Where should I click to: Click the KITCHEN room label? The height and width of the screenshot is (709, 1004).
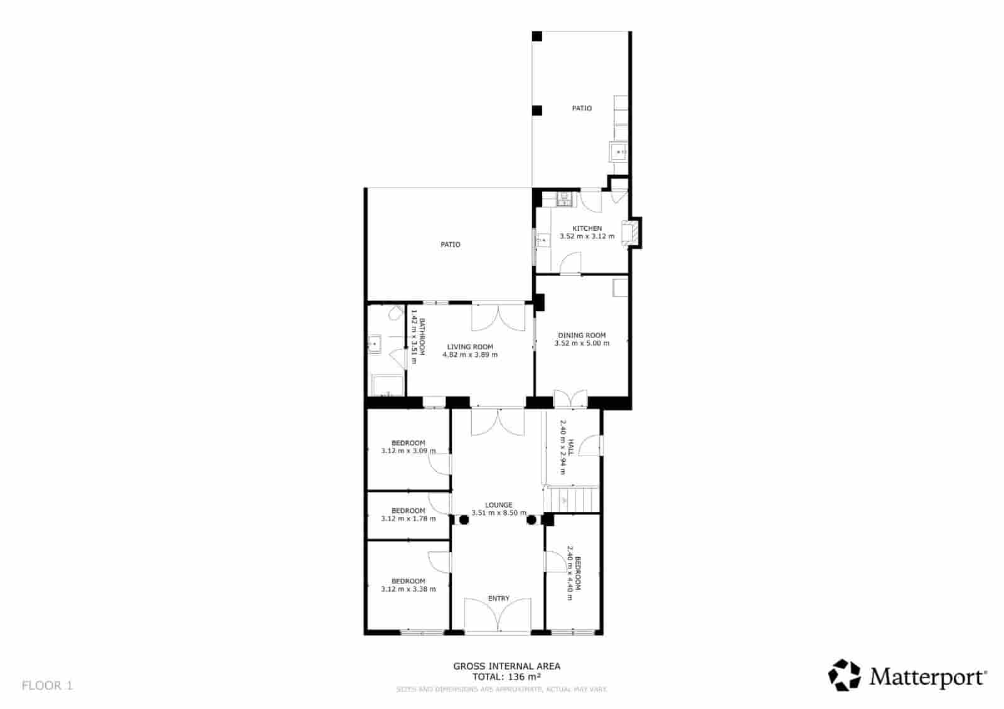[x=587, y=228]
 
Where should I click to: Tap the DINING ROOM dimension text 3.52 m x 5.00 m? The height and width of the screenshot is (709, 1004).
[x=582, y=343]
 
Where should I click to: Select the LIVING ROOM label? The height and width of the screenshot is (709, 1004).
[x=469, y=346]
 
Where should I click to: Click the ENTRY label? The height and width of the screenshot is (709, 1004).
[x=499, y=599]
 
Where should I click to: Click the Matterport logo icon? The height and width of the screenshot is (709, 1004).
[x=844, y=675]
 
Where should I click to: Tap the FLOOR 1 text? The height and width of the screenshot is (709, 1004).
[x=47, y=685]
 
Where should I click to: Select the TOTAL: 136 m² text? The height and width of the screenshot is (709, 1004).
[x=506, y=676]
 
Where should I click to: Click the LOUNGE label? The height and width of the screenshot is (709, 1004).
[x=499, y=504]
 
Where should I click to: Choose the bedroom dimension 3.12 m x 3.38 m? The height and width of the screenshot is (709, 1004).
[x=408, y=589]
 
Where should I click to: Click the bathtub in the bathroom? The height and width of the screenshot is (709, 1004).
[x=387, y=385]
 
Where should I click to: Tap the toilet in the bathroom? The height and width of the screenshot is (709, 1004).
[x=396, y=313]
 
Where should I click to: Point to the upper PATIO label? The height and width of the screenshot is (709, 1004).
[x=581, y=108]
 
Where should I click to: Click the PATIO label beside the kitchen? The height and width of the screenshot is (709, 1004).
[x=450, y=244]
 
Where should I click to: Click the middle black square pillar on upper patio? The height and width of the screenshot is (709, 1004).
[x=537, y=110]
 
